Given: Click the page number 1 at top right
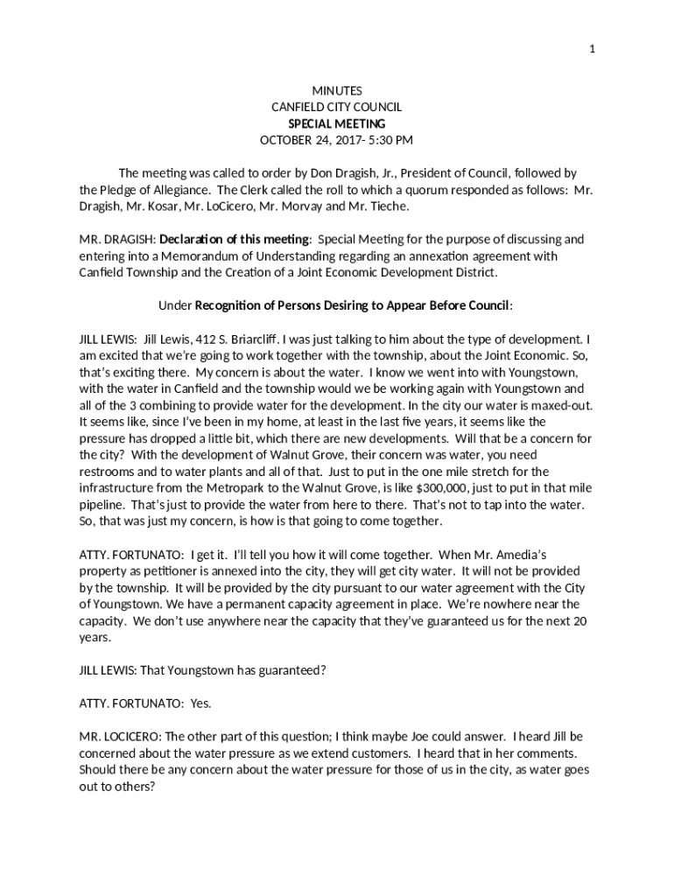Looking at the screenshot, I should (593, 49).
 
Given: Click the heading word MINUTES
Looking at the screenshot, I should (337, 91).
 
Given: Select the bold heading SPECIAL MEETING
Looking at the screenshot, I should (337, 123).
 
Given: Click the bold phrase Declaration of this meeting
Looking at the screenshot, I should (235, 240).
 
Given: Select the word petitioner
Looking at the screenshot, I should (179, 571).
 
